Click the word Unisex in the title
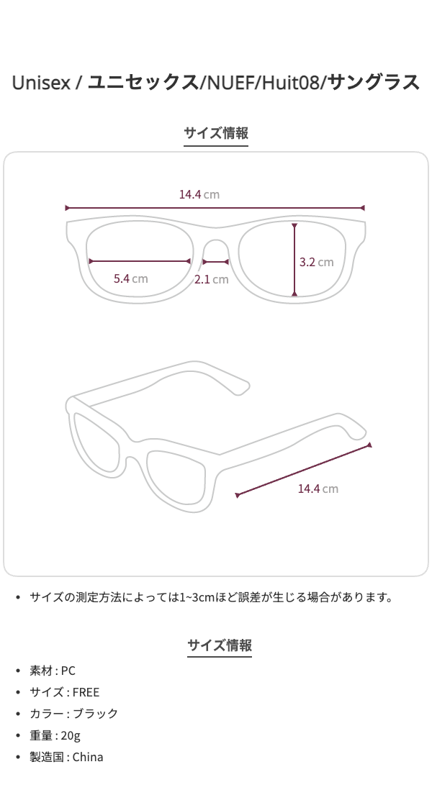pos(41,82)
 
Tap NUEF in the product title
pos(229,82)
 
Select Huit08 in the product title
pos(289,82)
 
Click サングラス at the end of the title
pos(374,82)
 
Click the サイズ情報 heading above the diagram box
pos(216,133)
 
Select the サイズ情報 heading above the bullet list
pos(220,645)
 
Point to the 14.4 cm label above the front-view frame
pos(199,194)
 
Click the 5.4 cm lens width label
pos(130,278)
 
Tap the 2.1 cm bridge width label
pos(211,280)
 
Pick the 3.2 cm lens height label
pos(317,262)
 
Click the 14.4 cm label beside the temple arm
pos(318,489)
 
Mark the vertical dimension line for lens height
pos(295,260)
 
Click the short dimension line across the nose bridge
pos(216,262)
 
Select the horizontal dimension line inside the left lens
pos(139,261)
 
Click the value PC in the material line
pos(68,671)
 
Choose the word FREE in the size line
pos(86,692)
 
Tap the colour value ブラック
pos(95,714)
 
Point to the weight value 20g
pos(71,735)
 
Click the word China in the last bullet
pos(88,757)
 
